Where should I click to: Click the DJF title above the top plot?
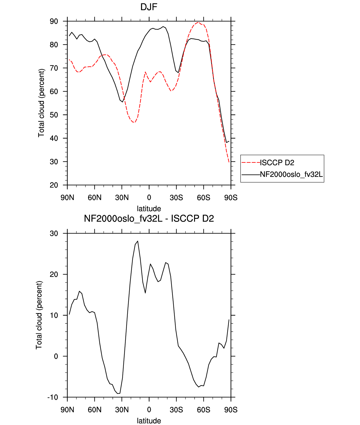tap(149, 7)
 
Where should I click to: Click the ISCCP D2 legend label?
tap(277, 163)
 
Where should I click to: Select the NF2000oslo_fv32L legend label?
tap(291, 174)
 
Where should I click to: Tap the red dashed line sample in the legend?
tap(251, 163)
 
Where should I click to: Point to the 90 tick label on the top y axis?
tap(54, 21)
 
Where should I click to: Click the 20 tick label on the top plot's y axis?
tap(54, 185)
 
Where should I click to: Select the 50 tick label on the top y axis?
tap(54, 115)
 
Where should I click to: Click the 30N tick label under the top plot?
tap(122, 198)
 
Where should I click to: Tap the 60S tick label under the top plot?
tap(204, 198)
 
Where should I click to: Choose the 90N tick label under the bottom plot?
tap(67, 410)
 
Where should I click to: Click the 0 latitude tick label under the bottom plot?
tap(149, 410)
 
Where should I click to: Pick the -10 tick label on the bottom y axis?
tap(53, 398)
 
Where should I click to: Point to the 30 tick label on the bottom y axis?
tap(54, 234)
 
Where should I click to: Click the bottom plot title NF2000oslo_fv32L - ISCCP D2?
tap(149, 218)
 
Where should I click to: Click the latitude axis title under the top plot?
tap(149, 209)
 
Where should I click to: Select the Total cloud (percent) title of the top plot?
tap(41, 103)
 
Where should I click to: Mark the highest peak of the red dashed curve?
tap(198, 22)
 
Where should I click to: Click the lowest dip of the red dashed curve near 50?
tap(134, 122)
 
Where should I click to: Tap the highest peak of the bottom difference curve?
tap(138, 241)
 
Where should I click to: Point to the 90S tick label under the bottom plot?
tap(231, 410)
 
